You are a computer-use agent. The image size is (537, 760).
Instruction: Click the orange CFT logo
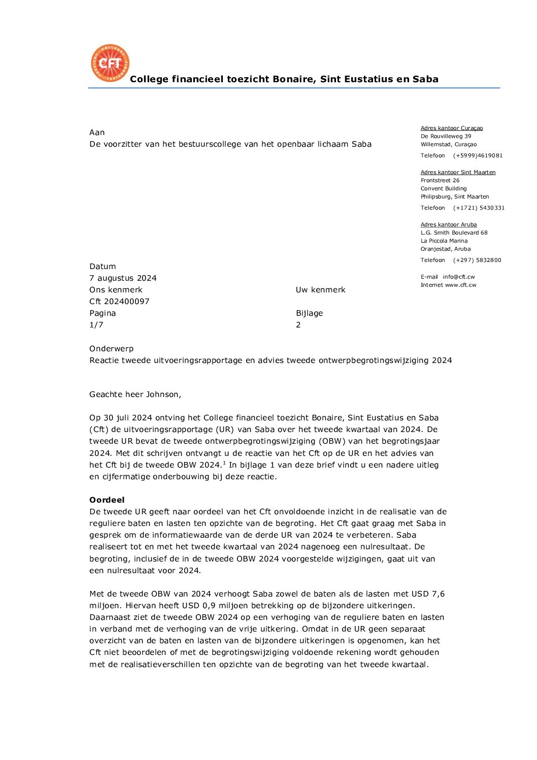tap(110, 63)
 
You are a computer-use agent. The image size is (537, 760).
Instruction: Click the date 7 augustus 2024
tap(123, 278)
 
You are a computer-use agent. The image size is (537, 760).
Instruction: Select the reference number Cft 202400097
tap(119, 302)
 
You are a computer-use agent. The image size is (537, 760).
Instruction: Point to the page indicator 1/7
tap(96, 325)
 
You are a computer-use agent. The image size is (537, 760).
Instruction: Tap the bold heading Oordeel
tap(107, 500)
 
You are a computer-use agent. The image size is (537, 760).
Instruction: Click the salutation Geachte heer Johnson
tap(135, 394)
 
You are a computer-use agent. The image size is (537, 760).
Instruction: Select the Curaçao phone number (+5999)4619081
tap(478, 156)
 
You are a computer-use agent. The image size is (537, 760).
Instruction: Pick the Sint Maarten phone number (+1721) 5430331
tap(479, 208)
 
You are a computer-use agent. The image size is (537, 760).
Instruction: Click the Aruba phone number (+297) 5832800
tap(477, 260)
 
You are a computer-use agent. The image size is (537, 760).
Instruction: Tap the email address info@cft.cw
tap(459, 277)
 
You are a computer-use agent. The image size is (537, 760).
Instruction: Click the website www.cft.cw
tap(461, 285)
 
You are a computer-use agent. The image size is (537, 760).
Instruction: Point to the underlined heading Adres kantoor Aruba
tap(449, 225)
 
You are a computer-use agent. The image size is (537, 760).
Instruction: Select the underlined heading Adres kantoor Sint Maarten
tap(458, 173)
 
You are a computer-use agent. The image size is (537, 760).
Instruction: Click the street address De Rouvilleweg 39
tap(446, 137)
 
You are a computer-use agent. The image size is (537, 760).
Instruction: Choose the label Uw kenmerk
tap(320, 290)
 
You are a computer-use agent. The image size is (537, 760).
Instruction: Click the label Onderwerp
tap(112, 349)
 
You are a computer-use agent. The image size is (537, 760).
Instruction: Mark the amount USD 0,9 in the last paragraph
tap(198, 606)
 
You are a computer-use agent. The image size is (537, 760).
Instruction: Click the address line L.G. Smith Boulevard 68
tap(454, 233)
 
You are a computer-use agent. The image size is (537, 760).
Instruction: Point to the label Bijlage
tap(309, 313)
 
